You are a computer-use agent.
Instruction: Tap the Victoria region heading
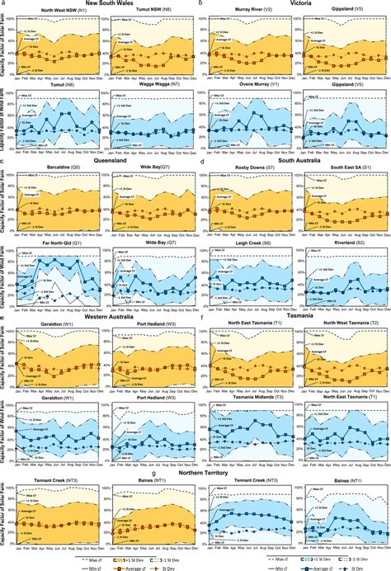(x=294, y=4)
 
